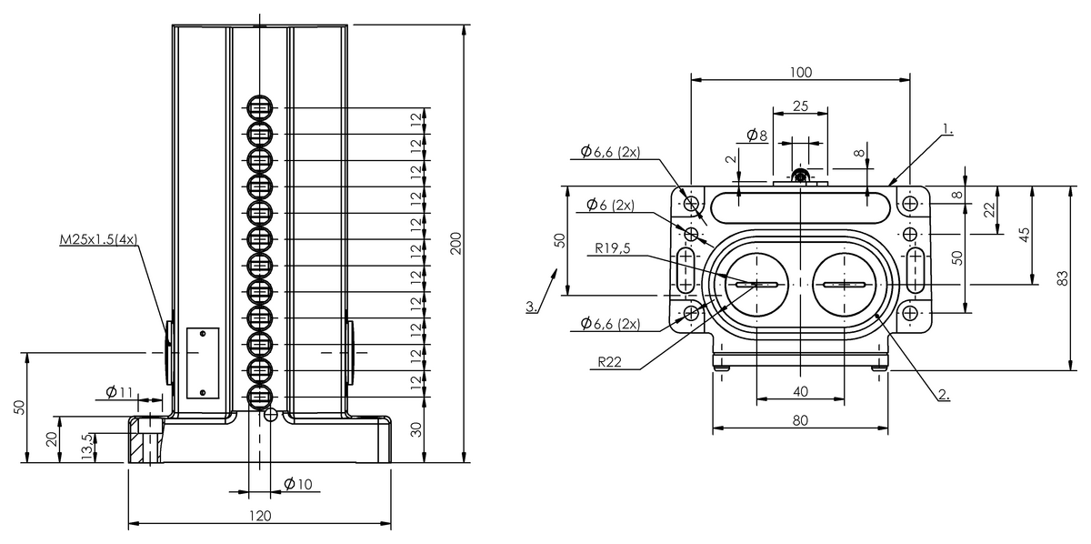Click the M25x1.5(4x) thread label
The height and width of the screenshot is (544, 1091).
tap(98, 239)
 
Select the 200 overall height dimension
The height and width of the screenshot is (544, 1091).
tap(455, 243)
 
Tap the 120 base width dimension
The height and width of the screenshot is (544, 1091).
tap(260, 516)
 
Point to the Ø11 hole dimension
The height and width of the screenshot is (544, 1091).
tap(119, 391)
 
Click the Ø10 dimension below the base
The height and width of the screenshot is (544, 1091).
tap(298, 484)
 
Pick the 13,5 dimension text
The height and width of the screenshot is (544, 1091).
tap(87, 447)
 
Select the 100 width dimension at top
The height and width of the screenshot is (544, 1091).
tap(801, 72)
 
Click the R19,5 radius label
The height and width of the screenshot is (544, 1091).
tap(613, 248)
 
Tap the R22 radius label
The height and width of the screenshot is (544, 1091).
tap(610, 362)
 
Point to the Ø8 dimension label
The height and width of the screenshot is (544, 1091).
tap(756, 135)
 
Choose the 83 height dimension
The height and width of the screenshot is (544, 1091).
tap(1064, 278)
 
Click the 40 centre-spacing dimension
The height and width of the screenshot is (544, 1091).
tap(800, 391)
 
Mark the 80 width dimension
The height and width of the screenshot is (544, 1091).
tap(800, 420)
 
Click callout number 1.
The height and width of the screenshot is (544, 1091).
tap(947, 129)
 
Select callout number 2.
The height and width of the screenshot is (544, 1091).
tap(944, 395)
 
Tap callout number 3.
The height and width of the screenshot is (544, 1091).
tap(531, 307)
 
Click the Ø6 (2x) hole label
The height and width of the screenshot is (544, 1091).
tap(610, 205)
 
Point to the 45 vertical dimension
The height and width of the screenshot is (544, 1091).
tap(1026, 235)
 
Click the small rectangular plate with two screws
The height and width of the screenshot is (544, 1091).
tap(203, 363)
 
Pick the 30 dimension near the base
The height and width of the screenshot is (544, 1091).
tap(416, 429)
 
